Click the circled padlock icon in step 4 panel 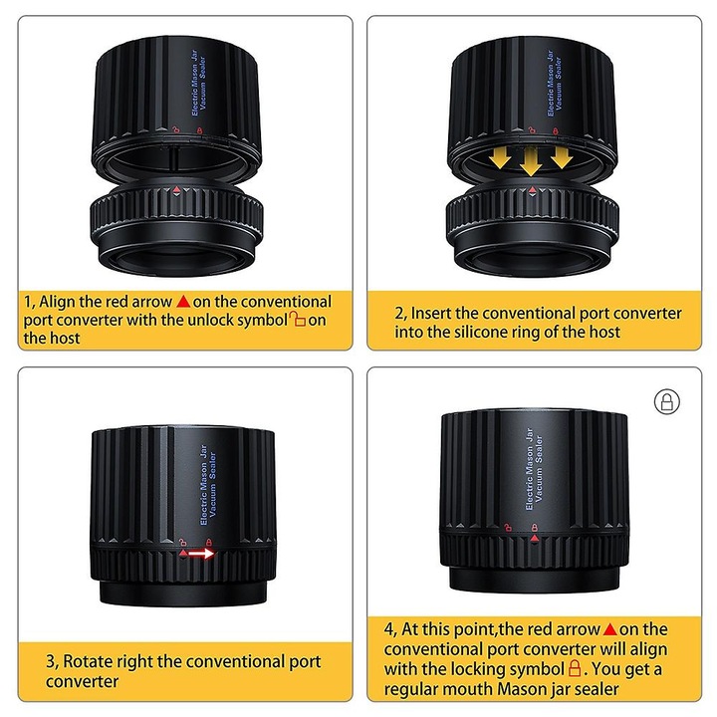(666, 402)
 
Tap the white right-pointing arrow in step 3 (201, 554)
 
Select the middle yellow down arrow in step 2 (531, 162)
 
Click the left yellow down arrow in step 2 (500, 158)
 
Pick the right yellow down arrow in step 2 (562, 157)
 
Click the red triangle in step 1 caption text (183, 302)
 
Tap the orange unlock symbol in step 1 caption (298, 319)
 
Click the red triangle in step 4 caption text (610, 629)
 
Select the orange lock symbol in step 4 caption (575, 668)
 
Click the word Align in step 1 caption (57, 302)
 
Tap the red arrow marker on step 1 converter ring (177, 189)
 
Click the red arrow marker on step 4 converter (534, 539)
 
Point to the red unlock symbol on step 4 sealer (508, 527)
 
